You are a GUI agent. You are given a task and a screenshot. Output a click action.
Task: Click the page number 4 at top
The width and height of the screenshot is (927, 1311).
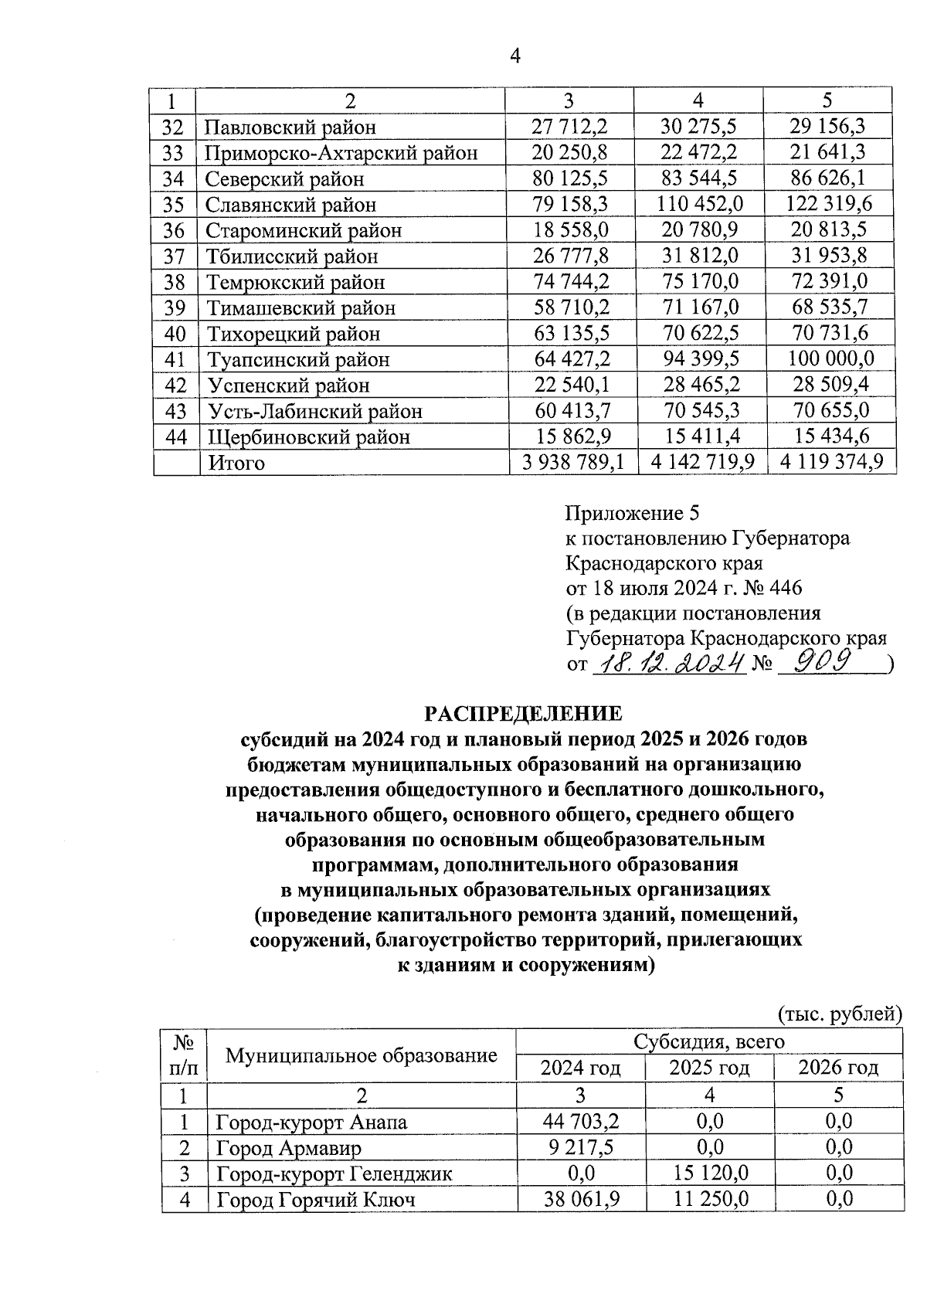coord(516,55)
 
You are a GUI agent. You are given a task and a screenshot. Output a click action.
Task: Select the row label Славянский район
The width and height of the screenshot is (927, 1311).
coord(290,205)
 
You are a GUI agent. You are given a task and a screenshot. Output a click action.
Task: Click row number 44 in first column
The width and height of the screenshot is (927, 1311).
coord(176,436)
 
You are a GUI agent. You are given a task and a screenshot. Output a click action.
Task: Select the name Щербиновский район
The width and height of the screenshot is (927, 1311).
coord(308,437)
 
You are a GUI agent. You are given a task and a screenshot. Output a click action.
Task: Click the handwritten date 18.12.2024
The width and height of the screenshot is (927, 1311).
coord(668,662)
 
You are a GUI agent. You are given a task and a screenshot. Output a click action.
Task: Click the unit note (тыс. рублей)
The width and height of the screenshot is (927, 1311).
coord(839,1013)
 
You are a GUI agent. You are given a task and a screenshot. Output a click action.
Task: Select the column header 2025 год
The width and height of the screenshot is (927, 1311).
coord(709,1068)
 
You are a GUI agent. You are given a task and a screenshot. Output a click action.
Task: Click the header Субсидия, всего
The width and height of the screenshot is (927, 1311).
coord(708,1041)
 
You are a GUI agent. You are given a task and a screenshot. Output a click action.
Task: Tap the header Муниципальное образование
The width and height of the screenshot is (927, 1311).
coord(361,1055)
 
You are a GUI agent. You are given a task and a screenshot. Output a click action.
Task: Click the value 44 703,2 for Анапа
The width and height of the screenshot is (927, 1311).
coord(580,1121)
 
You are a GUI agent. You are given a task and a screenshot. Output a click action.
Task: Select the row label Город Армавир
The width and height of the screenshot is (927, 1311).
coord(288,1147)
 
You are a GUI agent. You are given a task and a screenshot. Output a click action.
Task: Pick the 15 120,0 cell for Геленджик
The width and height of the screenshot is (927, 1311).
coord(709,1173)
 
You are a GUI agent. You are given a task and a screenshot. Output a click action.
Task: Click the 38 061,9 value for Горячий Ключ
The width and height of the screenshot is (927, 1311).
coord(580,1199)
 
